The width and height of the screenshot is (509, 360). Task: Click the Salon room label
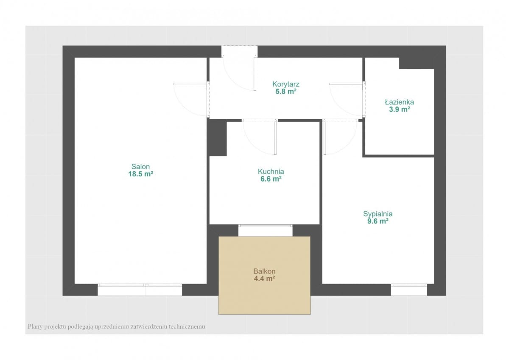(x=140, y=167)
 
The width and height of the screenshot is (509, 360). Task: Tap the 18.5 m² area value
(x=140, y=174)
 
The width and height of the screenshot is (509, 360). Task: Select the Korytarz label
(x=285, y=84)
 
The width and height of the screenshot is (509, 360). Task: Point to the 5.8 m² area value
(x=285, y=92)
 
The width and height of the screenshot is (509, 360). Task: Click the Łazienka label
(x=399, y=102)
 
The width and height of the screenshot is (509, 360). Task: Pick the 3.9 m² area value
(x=399, y=109)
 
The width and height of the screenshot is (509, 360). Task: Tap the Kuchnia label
(x=271, y=171)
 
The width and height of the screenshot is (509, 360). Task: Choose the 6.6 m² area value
(x=271, y=179)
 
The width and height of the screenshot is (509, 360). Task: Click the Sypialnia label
(x=378, y=214)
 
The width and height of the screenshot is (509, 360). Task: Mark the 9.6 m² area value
(x=378, y=221)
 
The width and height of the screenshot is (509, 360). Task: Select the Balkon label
(x=264, y=271)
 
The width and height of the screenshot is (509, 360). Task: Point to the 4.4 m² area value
(x=264, y=279)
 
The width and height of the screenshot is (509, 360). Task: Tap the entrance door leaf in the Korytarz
(x=255, y=74)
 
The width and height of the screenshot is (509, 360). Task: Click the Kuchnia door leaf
(x=275, y=138)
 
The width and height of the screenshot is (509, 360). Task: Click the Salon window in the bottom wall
(x=140, y=290)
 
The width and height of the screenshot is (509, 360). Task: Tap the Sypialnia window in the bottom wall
(x=409, y=290)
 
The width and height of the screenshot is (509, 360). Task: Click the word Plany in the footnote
(x=35, y=327)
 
